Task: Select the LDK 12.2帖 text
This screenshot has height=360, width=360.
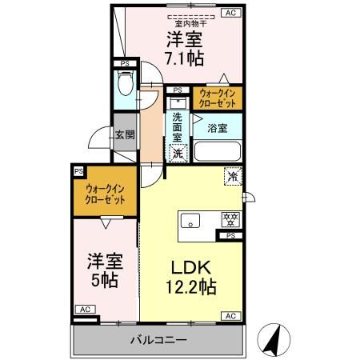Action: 191,277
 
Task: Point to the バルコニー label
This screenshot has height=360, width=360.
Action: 159,340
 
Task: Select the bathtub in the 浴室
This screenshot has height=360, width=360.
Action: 218,151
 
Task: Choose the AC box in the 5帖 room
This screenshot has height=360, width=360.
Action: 84,309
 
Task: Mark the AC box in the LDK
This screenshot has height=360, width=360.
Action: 230,316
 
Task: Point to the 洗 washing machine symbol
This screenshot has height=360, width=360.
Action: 180,152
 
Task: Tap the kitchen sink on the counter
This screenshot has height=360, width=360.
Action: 191,220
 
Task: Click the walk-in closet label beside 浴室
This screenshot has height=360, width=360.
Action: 218,99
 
